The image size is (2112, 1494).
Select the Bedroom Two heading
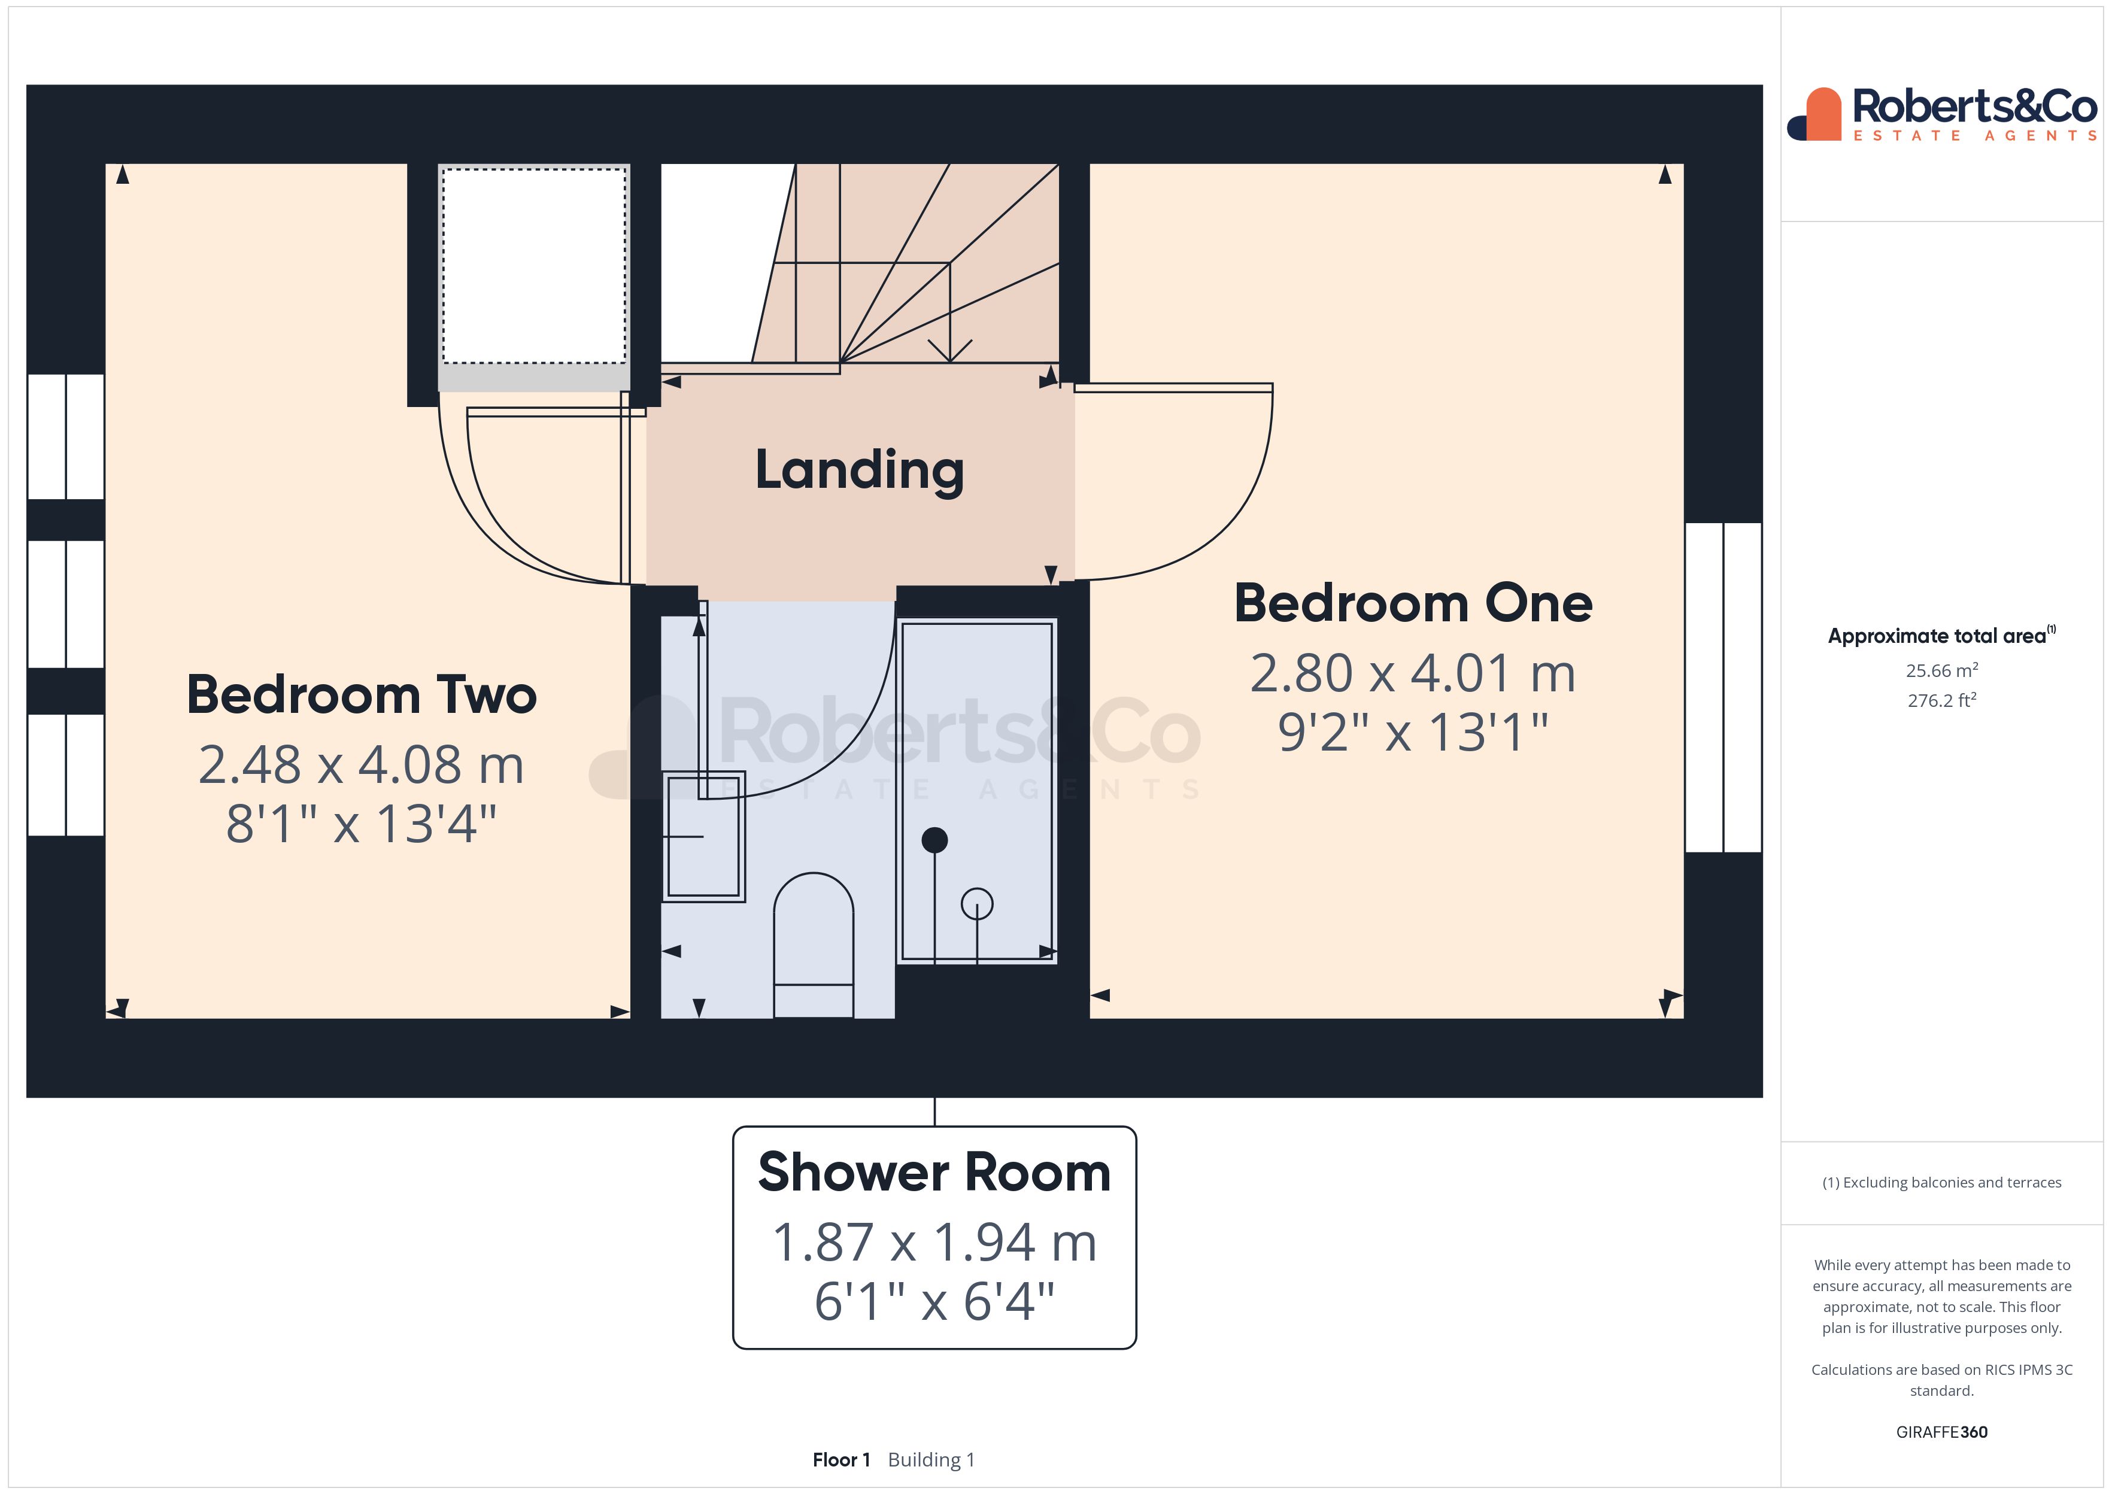pos(362,694)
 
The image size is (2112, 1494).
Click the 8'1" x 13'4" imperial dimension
pos(362,824)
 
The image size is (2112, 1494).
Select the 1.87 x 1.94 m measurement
pos(934,1242)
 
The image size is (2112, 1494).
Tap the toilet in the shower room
pos(813,943)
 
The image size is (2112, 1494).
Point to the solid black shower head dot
pos(934,840)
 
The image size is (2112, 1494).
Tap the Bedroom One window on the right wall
pos(1723,687)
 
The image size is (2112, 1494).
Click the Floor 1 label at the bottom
pos(840,1460)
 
